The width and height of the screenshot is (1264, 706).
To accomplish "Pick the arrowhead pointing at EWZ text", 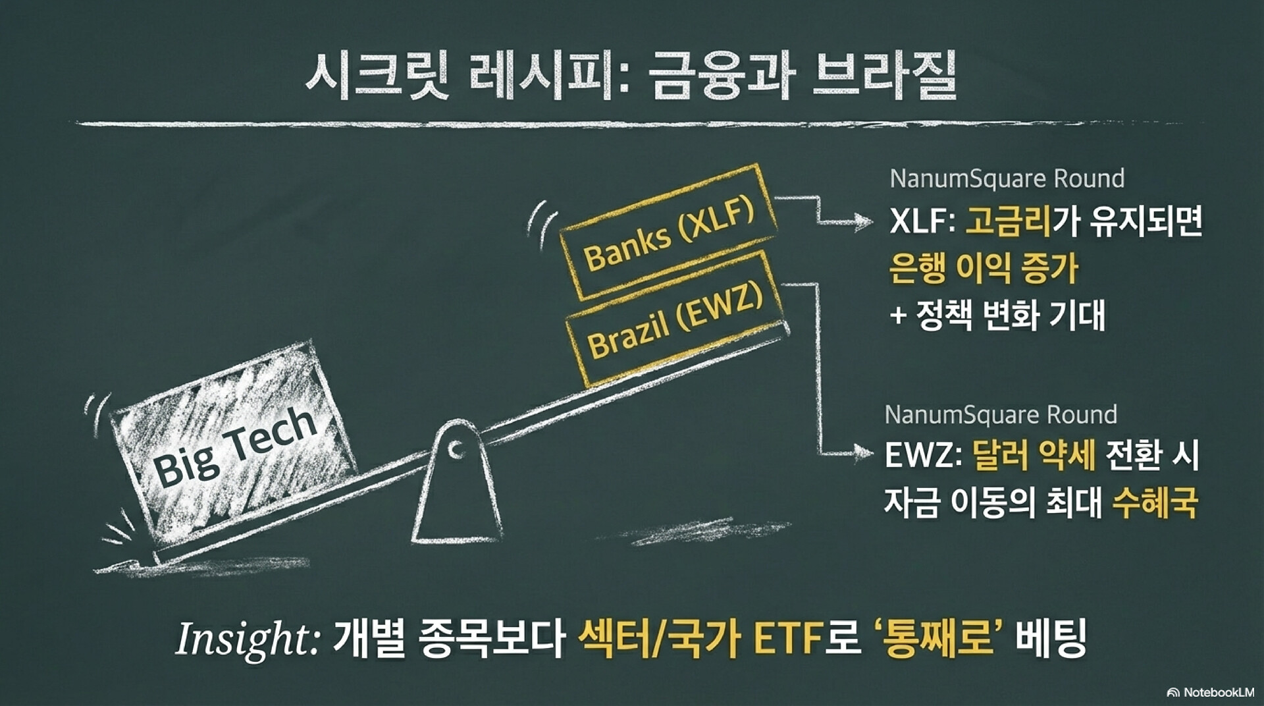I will (862, 452).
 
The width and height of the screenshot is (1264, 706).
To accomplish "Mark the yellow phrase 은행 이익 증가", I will (984, 269).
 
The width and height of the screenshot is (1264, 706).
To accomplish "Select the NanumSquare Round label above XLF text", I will (1007, 178).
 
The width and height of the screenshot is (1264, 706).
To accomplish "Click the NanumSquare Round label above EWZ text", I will (1001, 414).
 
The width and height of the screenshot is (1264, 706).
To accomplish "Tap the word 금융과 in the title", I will (718, 78).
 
